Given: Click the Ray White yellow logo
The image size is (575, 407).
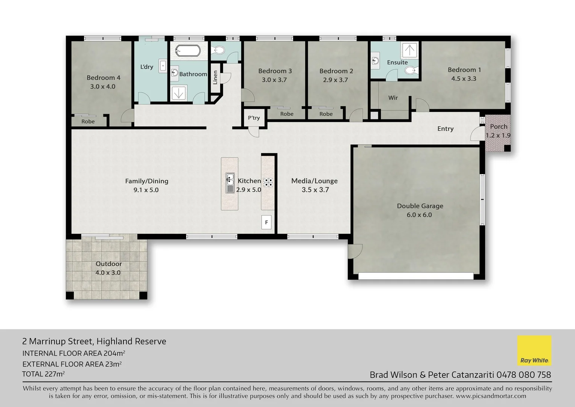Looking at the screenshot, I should tap(534, 350).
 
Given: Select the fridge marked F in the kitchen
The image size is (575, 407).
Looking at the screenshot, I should tap(266, 222).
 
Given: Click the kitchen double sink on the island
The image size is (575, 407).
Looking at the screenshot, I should tap(230, 183).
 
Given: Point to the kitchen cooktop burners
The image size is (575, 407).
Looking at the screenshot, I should tap(268, 182).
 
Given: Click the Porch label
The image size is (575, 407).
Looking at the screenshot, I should tap(499, 127).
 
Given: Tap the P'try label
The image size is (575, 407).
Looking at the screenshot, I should tap(254, 118).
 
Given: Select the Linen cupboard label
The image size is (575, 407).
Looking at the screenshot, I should tap(215, 77).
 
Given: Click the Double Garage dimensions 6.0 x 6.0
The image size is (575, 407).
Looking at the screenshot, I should tap(419, 215).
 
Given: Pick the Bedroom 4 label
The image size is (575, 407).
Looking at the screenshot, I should tap(103, 78).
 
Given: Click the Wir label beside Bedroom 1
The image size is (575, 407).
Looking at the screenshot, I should tap(393, 98).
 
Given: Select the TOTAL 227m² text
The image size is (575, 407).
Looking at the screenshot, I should tap(43, 374).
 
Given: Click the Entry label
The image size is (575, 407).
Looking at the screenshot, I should tap(445, 129).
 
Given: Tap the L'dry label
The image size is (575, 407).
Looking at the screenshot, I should tap(146, 67).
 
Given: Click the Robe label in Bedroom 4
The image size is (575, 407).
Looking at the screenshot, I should tap(88, 121).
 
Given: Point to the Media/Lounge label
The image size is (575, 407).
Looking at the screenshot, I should tap(314, 181).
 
